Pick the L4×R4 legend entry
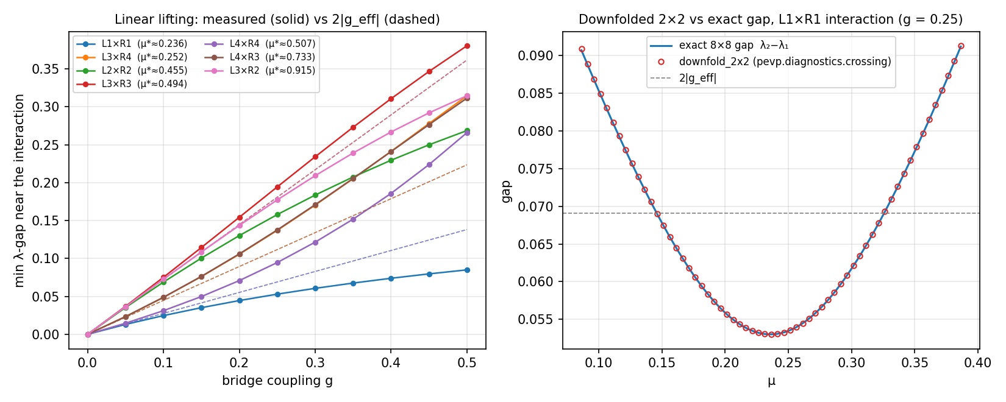pos(260,44)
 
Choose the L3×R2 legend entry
pos(260,71)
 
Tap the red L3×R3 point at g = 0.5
pos(467,46)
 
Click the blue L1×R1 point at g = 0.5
pos(467,270)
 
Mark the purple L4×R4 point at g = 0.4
pos(391,194)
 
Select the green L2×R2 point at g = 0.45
pos(429,145)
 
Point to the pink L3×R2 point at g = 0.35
pos(354,153)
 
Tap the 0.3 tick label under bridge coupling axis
pos(315,362)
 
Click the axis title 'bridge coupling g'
pos(277,381)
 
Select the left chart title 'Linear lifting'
pos(152,19)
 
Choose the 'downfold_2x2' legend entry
pos(771,62)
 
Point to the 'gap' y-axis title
pos(507,192)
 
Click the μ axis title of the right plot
pos(771,382)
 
